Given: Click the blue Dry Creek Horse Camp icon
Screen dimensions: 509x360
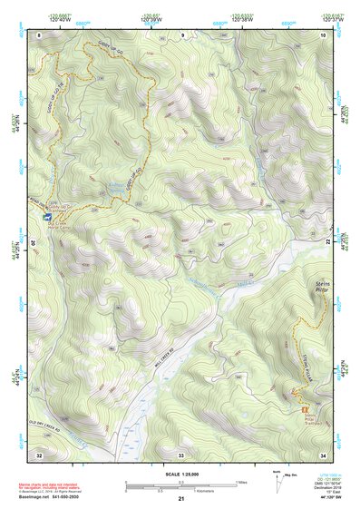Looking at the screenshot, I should tap(46, 219).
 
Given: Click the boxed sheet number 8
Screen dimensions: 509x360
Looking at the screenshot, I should tap(39, 34).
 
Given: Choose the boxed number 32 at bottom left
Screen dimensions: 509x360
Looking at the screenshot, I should tap(39, 454).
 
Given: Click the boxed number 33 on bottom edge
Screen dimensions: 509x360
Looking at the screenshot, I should tap(180, 454).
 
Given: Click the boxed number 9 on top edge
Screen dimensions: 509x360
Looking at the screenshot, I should tap(180, 34).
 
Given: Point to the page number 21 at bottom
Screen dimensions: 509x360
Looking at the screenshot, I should tap(181, 499).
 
